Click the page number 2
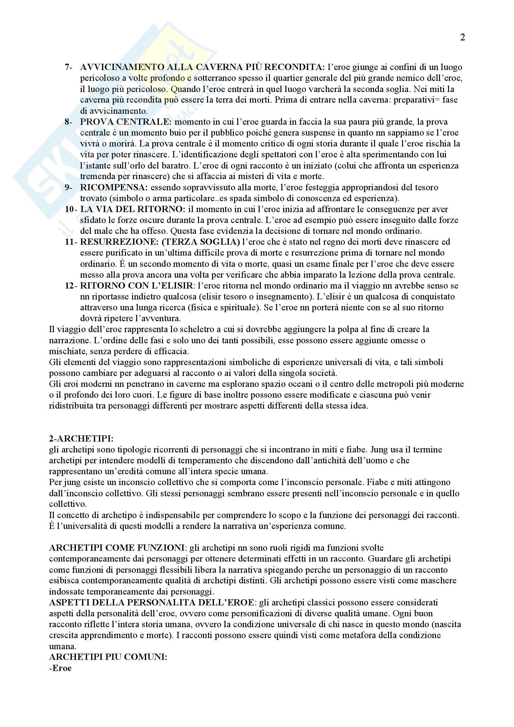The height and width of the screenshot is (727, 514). tap(462, 37)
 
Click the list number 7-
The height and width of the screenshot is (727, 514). tap(68, 67)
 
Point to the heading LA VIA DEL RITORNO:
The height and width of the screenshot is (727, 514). tap(133, 209)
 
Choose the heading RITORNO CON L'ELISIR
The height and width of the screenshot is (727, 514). tap(137, 285)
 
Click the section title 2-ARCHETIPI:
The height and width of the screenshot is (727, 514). tap(81, 438)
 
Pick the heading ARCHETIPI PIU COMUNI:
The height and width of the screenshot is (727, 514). tap(108, 657)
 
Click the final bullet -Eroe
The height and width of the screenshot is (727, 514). tap(60, 668)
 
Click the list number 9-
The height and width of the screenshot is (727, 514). tap(68, 188)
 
